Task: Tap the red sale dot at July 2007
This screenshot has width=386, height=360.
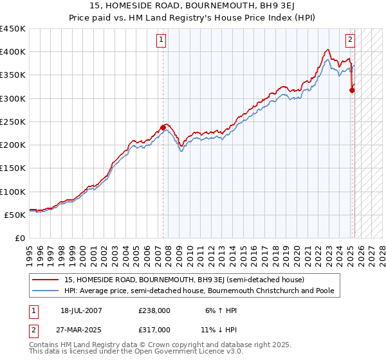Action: point(163,127)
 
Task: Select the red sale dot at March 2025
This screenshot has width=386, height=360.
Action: point(352,91)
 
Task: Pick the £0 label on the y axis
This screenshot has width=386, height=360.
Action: point(21,238)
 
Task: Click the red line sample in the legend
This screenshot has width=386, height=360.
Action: point(46,280)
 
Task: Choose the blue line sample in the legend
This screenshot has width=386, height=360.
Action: point(46,291)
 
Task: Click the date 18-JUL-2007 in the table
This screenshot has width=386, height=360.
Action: point(81,310)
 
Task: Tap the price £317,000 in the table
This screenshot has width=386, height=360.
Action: point(154,329)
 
